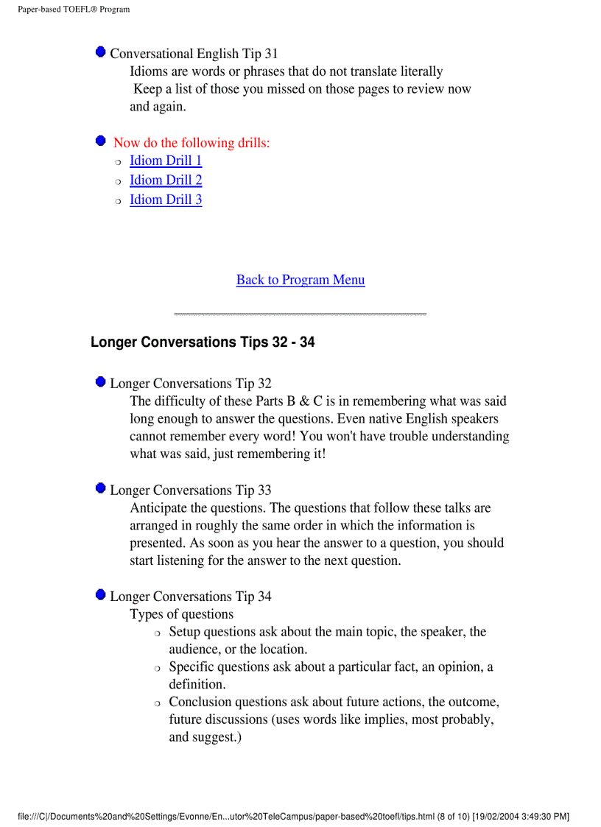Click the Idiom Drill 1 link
[x=166, y=161]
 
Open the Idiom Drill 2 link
[x=166, y=180]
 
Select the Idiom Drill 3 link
[x=166, y=200]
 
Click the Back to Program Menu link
[x=300, y=280]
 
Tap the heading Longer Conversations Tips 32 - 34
[x=203, y=342]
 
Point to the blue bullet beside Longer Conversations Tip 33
[x=100, y=489]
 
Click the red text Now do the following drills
[x=191, y=143]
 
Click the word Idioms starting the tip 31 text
[x=150, y=72]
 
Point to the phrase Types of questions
[x=182, y=614]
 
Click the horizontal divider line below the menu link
[x=300, y=314]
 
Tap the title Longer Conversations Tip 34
[x=190, y=597]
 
